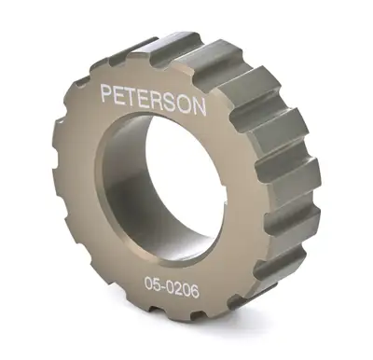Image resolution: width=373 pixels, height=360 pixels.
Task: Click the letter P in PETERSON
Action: [x=107, y=94]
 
